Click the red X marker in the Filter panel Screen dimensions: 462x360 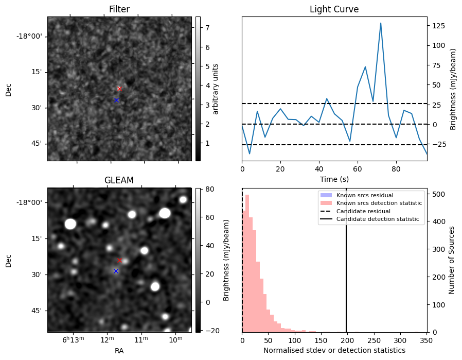coord(119,89)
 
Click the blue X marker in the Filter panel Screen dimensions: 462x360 coord(116,100)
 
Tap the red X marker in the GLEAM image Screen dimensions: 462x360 coord(119,261)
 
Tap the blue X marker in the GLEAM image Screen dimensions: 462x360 coord(116,271)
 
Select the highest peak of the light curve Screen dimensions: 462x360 coord(381,23)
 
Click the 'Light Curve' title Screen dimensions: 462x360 coord(334,9)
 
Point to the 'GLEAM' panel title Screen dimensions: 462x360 coord(119,180)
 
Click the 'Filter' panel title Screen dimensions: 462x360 coord(119,9)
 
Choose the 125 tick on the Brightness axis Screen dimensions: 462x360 coord(438,26)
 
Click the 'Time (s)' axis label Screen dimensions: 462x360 coord(334,179)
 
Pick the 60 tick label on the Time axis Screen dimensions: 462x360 coord(358,169)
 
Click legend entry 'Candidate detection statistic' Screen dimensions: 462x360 coord(378,219)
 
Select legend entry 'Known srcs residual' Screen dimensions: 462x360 coord(365,195)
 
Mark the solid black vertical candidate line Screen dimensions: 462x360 coord(346,261)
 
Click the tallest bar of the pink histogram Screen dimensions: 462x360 coord(247,263)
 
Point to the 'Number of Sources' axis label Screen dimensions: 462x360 coord(451,261)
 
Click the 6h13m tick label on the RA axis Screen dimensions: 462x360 coord(73,339)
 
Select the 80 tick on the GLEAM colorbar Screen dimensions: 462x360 coord(210,189)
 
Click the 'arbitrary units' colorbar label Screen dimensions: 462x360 coord(216,89)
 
